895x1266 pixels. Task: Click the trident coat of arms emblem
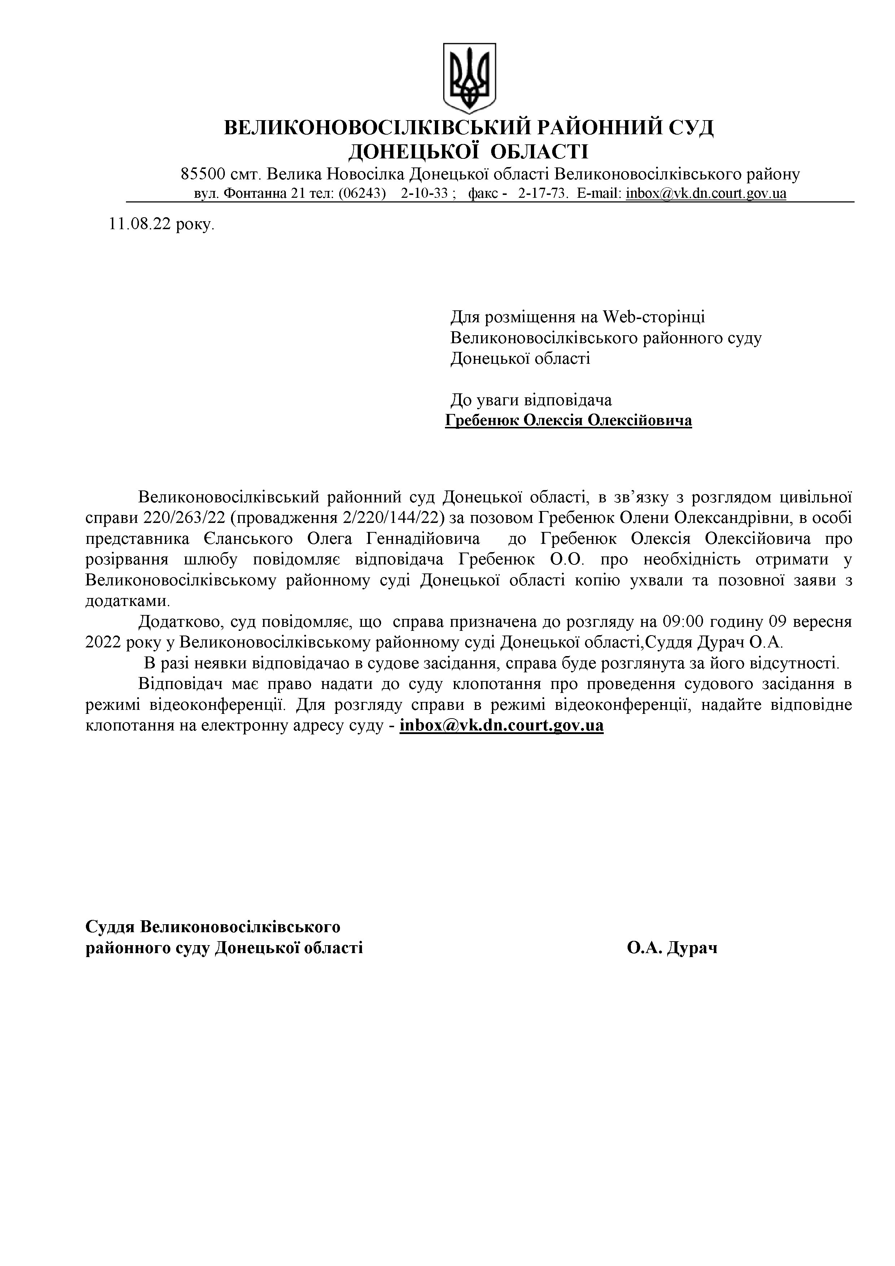tap(470, 78)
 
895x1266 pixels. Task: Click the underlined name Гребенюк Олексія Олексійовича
tap(568, 421)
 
